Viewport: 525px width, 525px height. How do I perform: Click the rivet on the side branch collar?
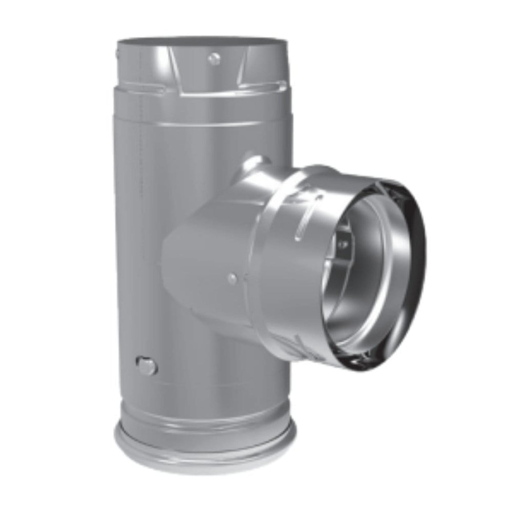(x=232, y=278)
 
